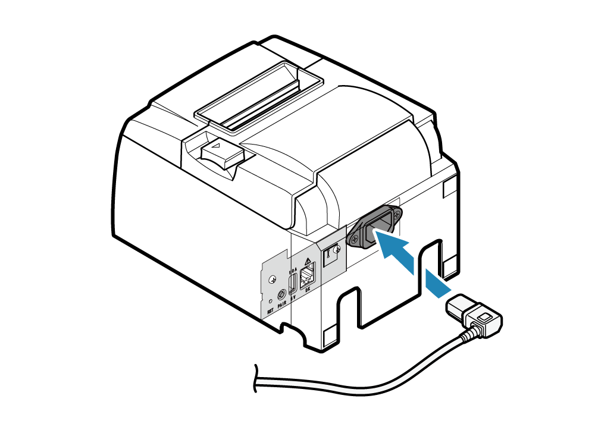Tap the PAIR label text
tap(283, 305)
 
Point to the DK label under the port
tap(308, 290)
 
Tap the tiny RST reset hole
tap(271, 302)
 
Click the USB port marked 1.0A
tap(293, 283)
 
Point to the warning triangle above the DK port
tap(308, 260)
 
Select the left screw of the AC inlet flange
tap(353, 241)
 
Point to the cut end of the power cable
tap(256, 378)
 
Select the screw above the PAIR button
tap(273, 278)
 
